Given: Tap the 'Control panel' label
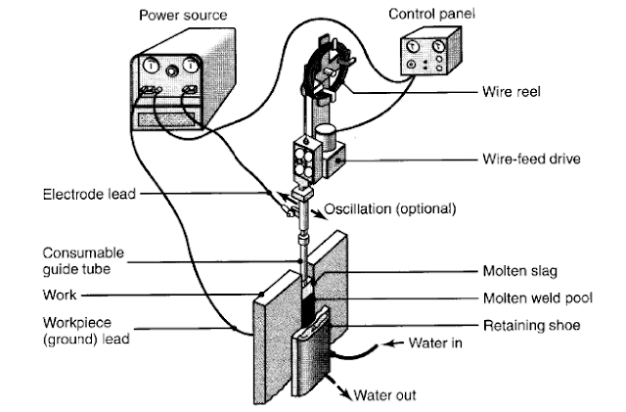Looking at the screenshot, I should click(427, 14).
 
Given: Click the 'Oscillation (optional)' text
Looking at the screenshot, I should click(385, 207).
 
